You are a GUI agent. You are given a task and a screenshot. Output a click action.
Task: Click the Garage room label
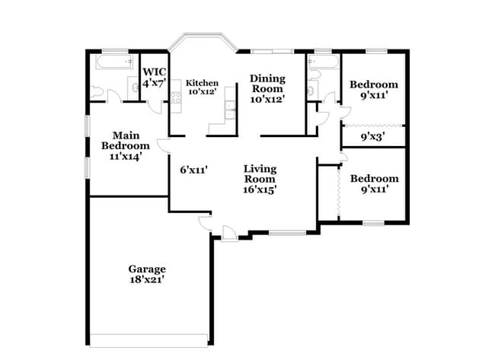(x=146, y=269)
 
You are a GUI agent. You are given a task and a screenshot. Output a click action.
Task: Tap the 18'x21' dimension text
(x=146, y=280)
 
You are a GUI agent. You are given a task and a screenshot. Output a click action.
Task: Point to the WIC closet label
(x=155, y=72)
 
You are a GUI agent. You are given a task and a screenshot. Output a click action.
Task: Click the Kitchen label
(x=203, y=83)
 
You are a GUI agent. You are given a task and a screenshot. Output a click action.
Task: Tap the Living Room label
(x=260, y=174)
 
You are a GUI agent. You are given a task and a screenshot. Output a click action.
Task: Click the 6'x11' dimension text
(x=194, y=170)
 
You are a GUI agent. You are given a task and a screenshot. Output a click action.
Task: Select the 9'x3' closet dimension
(x=372, y=138)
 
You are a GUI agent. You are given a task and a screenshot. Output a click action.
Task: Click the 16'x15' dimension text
(x=260, y=190)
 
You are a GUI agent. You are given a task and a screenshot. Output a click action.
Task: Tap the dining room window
(x=273, y=51)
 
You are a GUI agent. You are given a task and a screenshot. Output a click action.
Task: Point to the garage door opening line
(x=149, y=335)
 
